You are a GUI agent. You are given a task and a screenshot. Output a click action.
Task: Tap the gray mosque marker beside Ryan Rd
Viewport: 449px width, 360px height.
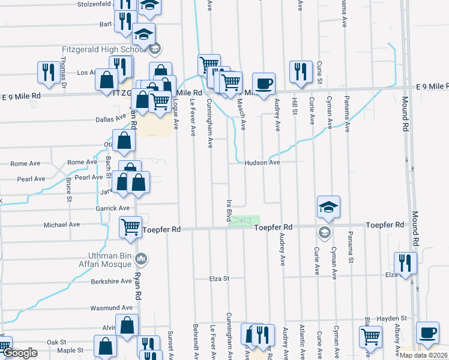142,259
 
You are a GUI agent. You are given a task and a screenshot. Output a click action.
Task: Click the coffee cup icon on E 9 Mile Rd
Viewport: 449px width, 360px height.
264,83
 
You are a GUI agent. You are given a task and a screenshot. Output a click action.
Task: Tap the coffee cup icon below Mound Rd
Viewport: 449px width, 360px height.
427,333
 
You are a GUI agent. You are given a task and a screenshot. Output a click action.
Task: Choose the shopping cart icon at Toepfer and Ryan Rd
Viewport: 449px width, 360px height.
130,227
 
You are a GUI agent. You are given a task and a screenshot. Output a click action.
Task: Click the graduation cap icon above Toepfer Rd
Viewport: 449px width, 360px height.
328,208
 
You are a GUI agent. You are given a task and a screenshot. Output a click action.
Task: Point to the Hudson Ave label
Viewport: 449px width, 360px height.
262,163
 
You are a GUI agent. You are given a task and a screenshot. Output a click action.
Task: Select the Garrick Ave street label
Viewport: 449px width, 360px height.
116,208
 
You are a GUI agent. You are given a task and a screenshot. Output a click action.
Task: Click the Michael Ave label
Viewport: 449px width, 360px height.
62,225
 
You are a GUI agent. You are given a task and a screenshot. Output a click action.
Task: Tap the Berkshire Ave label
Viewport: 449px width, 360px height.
111,281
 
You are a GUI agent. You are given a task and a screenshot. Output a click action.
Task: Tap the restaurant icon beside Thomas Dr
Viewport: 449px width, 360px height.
46,72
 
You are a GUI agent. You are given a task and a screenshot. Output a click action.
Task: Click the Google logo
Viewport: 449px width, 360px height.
20,353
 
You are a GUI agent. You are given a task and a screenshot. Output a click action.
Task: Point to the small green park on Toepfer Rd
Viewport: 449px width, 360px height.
246,221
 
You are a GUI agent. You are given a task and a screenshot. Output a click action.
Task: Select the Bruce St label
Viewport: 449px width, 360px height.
69,188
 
